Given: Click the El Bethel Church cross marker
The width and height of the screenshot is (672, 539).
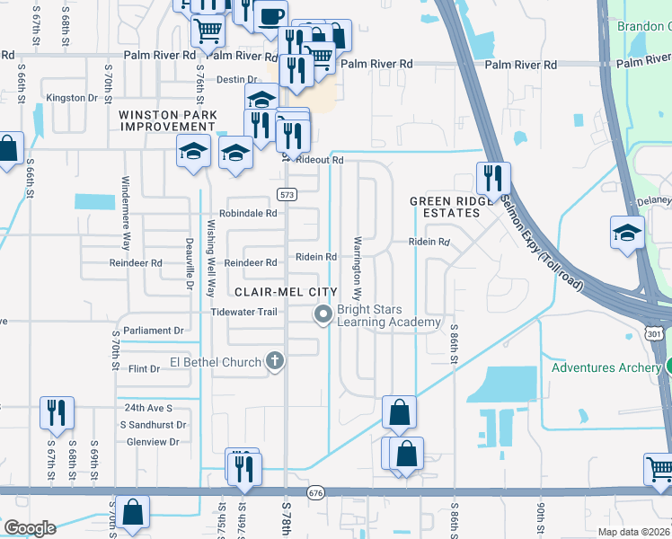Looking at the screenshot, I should (x=276, y=361).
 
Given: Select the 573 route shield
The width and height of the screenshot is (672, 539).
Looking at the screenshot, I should (x=287, y=194).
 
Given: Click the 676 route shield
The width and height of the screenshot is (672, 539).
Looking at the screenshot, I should (x=314, y=493).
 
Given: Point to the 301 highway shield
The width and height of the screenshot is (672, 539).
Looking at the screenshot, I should (x=653, y=333).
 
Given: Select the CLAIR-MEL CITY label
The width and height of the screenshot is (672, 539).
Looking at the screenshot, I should (x=286, y=292).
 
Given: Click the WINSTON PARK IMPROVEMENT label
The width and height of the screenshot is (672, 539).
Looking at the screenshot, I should (x=169, y=120).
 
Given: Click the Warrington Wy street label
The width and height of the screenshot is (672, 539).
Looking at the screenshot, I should (x=357, y=269).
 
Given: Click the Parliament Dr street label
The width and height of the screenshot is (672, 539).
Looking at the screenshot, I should (x=154, y=331).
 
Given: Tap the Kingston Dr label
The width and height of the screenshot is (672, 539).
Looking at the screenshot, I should (x=72, y=97).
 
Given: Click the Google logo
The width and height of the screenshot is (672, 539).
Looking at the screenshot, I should (x=29, y=527).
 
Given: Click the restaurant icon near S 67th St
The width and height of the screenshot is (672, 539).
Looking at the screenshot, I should (x=57, y=411).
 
